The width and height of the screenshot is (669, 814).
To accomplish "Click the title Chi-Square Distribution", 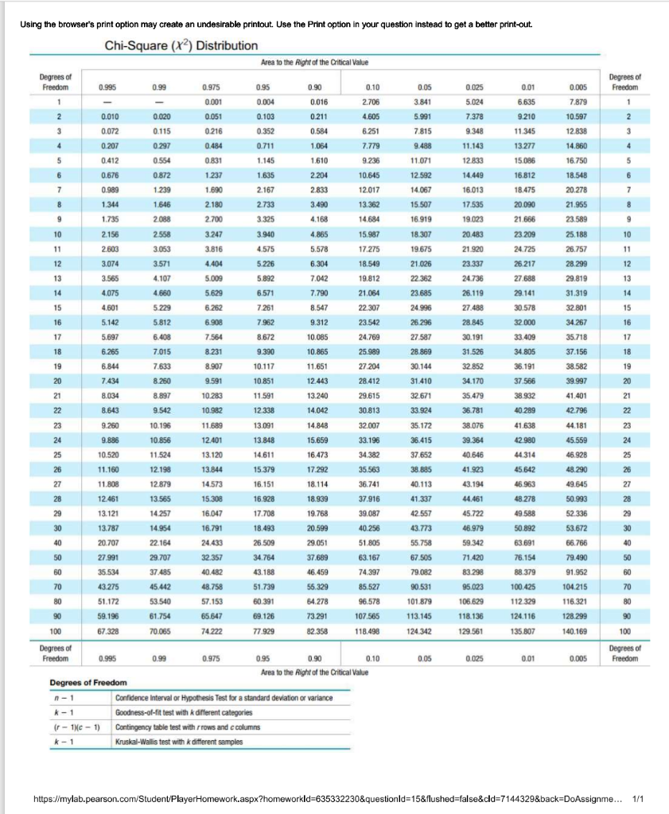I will [x=181, y=46].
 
